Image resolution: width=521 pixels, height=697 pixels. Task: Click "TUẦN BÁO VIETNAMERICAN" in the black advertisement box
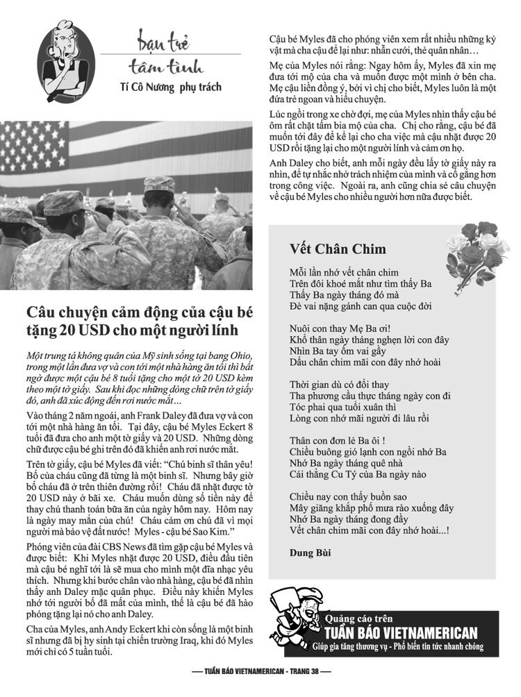402,632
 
